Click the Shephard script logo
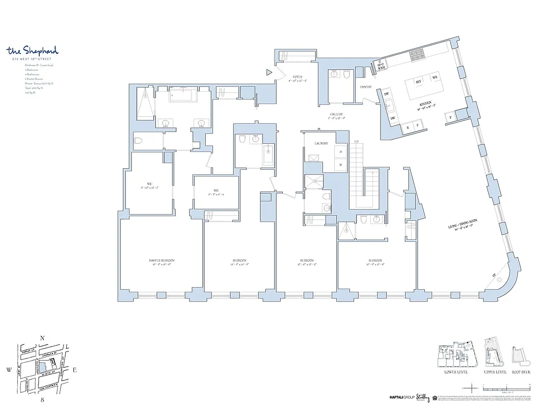33,50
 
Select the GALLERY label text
336,115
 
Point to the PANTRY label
366,87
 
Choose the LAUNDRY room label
321,144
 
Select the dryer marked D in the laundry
340,152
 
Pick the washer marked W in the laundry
340,164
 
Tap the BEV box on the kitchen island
419,82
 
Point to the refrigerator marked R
408,124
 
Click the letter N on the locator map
43,338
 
